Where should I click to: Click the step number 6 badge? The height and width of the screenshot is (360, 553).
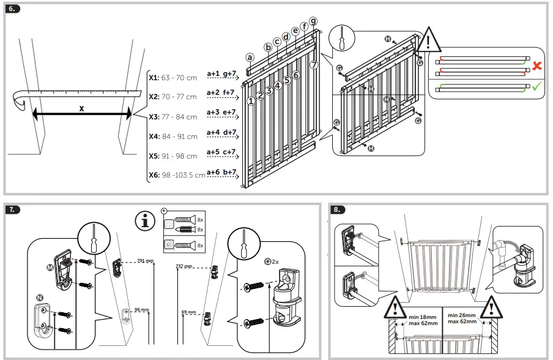[x=13, y=9]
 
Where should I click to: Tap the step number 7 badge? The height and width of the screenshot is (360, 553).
[x=13, y=209]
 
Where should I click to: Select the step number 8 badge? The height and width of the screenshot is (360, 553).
[x=338, y=209]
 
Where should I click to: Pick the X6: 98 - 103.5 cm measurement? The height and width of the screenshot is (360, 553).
[x=177, y=175]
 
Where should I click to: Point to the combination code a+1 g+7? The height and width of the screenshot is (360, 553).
[x=221, y=74]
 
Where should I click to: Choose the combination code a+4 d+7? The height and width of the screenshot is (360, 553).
[x=221, y=132]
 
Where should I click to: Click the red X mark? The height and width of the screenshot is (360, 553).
[x=536, y=65]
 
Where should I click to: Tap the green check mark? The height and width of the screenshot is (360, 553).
[x=536, y=88]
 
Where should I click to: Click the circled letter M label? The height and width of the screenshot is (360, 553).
[x=50, y=268]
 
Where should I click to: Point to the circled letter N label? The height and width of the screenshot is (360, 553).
[x=40, y=298]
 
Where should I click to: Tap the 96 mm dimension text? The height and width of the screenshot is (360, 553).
[x=141, y=310]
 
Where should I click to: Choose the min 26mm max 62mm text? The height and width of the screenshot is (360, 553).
[x=463, y=319]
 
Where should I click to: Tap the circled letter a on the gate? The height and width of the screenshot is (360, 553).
[x=250, y=57]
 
